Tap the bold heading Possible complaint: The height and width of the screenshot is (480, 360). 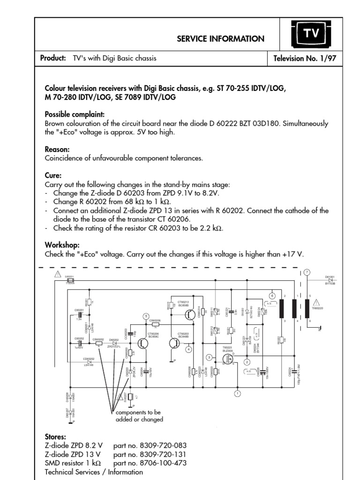pyautogui.click(x=75, y=115)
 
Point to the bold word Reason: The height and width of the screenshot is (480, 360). pyautogui.click(x=58, y=149)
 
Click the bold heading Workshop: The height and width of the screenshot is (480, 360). pyautogui.click(x=62, y=245)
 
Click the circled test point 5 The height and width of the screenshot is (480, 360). pyautogui.click(x=146, y=315)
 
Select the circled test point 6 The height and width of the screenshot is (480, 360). pyautogui.click(x=271, y=295)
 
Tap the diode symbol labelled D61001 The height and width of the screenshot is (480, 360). pyautogui.click(x=330, y=280)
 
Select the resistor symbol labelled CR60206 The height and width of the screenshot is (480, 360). pyautogui.click(x=155, y=324)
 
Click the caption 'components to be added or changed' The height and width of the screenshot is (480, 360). pyautogui.click(x=139, y=416)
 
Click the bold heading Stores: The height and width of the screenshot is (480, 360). pyautogui.click(x=55, y=436)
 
